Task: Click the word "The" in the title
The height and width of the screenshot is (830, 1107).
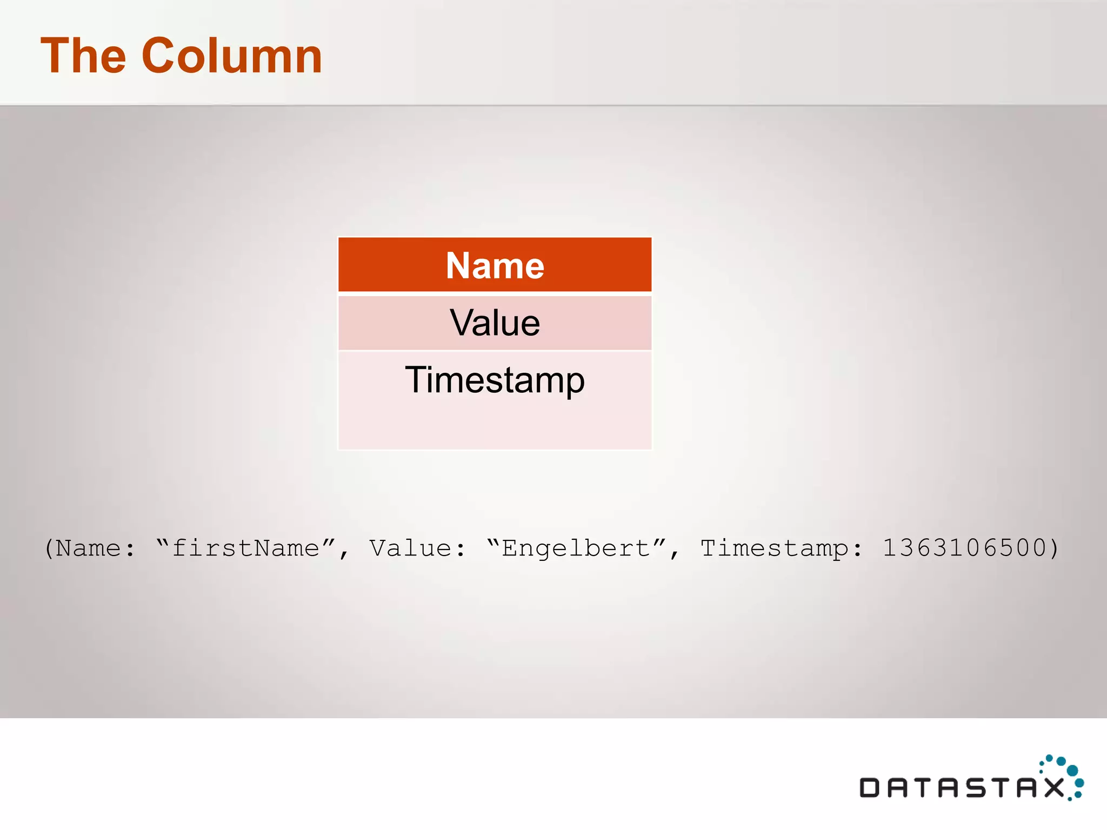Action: coord(84,56)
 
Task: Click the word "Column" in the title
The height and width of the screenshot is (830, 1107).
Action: coord(232,56)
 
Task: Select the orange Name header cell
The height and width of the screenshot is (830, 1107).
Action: coord(495,265)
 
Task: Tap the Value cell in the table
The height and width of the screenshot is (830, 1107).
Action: coord(495,323)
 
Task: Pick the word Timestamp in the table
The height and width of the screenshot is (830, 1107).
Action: coord(495,380)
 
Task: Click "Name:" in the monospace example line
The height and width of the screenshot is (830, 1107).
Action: coord(95,548)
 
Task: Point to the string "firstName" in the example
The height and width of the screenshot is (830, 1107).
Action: coord(245,548)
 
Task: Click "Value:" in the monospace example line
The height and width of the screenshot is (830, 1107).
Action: coord(417,548)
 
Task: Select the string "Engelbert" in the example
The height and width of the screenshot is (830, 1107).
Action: coord(576,548)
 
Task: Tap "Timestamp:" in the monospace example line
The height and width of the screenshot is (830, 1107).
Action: coord(781,548)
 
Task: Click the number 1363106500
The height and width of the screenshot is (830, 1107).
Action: coord(964,548)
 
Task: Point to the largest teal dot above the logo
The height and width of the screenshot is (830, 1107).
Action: coord(1072,770)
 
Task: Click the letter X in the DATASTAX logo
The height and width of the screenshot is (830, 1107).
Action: coord(1054,788)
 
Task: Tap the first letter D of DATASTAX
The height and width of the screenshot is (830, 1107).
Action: coord(870,788)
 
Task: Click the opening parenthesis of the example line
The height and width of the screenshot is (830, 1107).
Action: coord(49,548)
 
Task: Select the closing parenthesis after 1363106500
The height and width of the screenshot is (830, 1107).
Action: coord(1053,548)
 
